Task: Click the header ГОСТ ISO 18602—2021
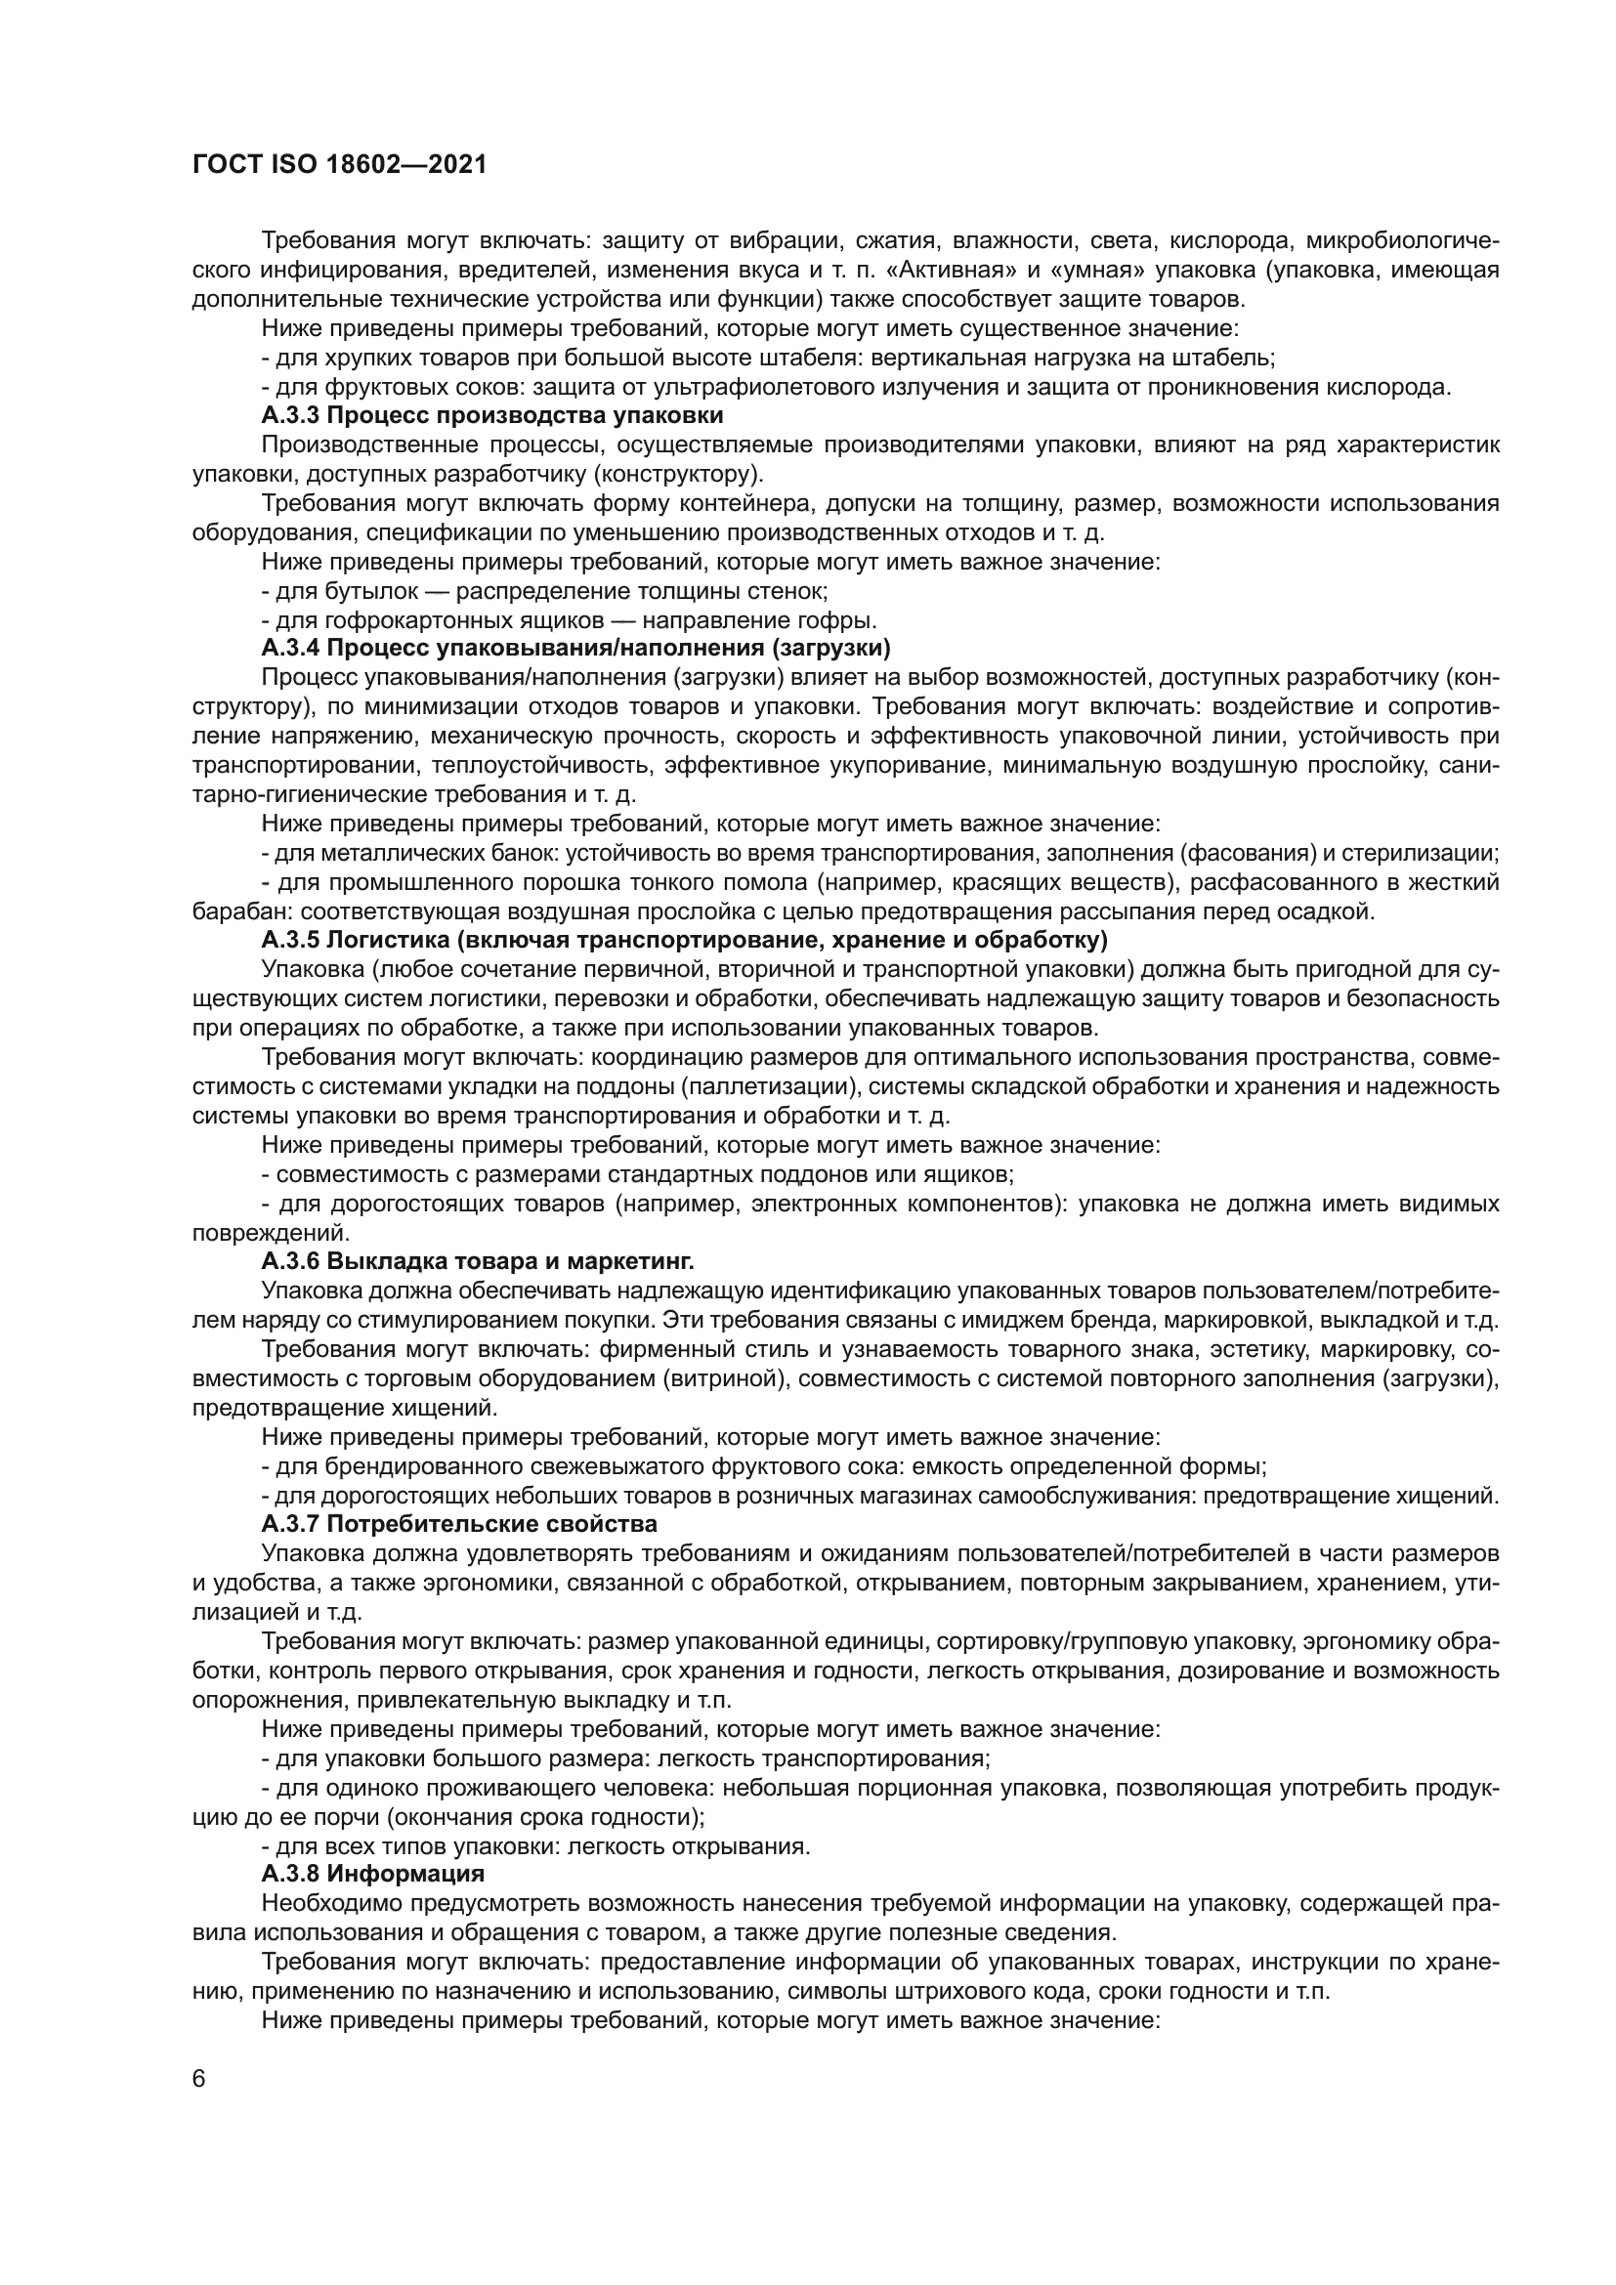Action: tap(339, 164)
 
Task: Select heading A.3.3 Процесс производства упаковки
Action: tap(491, 415)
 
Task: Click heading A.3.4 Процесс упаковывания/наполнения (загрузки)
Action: tap(575, 649)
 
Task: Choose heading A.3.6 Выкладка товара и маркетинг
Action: tap(478, 1261)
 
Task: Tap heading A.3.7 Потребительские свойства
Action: tap(459, 1524)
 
